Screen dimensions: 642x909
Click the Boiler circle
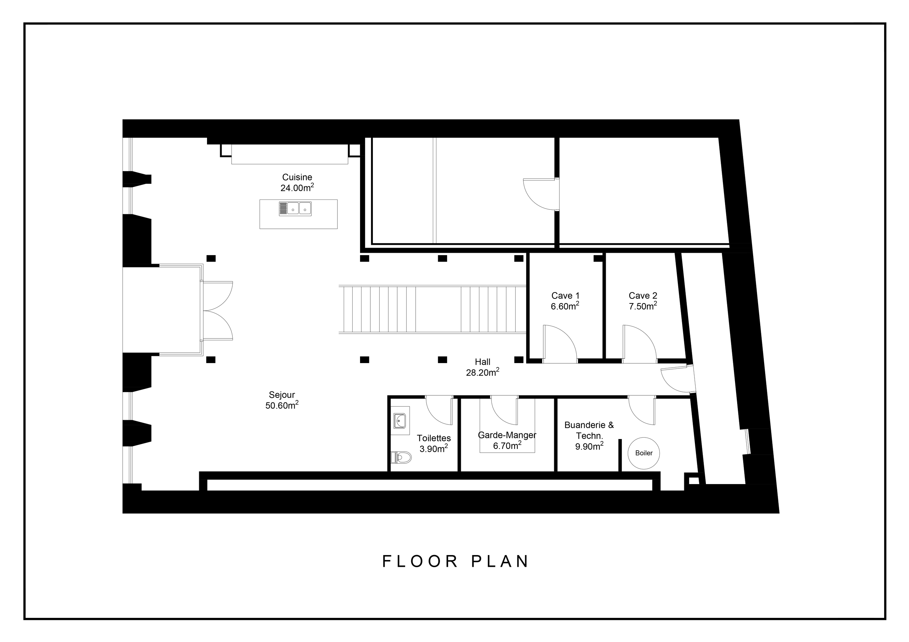644,453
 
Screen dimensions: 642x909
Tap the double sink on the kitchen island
295,208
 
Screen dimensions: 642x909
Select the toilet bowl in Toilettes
402,458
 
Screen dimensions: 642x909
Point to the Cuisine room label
297,177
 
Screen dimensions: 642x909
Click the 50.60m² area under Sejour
282,406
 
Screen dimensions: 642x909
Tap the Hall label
483,362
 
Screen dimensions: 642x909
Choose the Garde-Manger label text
507,435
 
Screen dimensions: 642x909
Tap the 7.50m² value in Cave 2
643,306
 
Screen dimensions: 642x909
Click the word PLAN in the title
500,561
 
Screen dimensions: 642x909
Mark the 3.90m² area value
434,449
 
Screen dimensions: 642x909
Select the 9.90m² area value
589,446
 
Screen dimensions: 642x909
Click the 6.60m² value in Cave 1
565,306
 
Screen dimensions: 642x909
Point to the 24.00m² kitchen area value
297,188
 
